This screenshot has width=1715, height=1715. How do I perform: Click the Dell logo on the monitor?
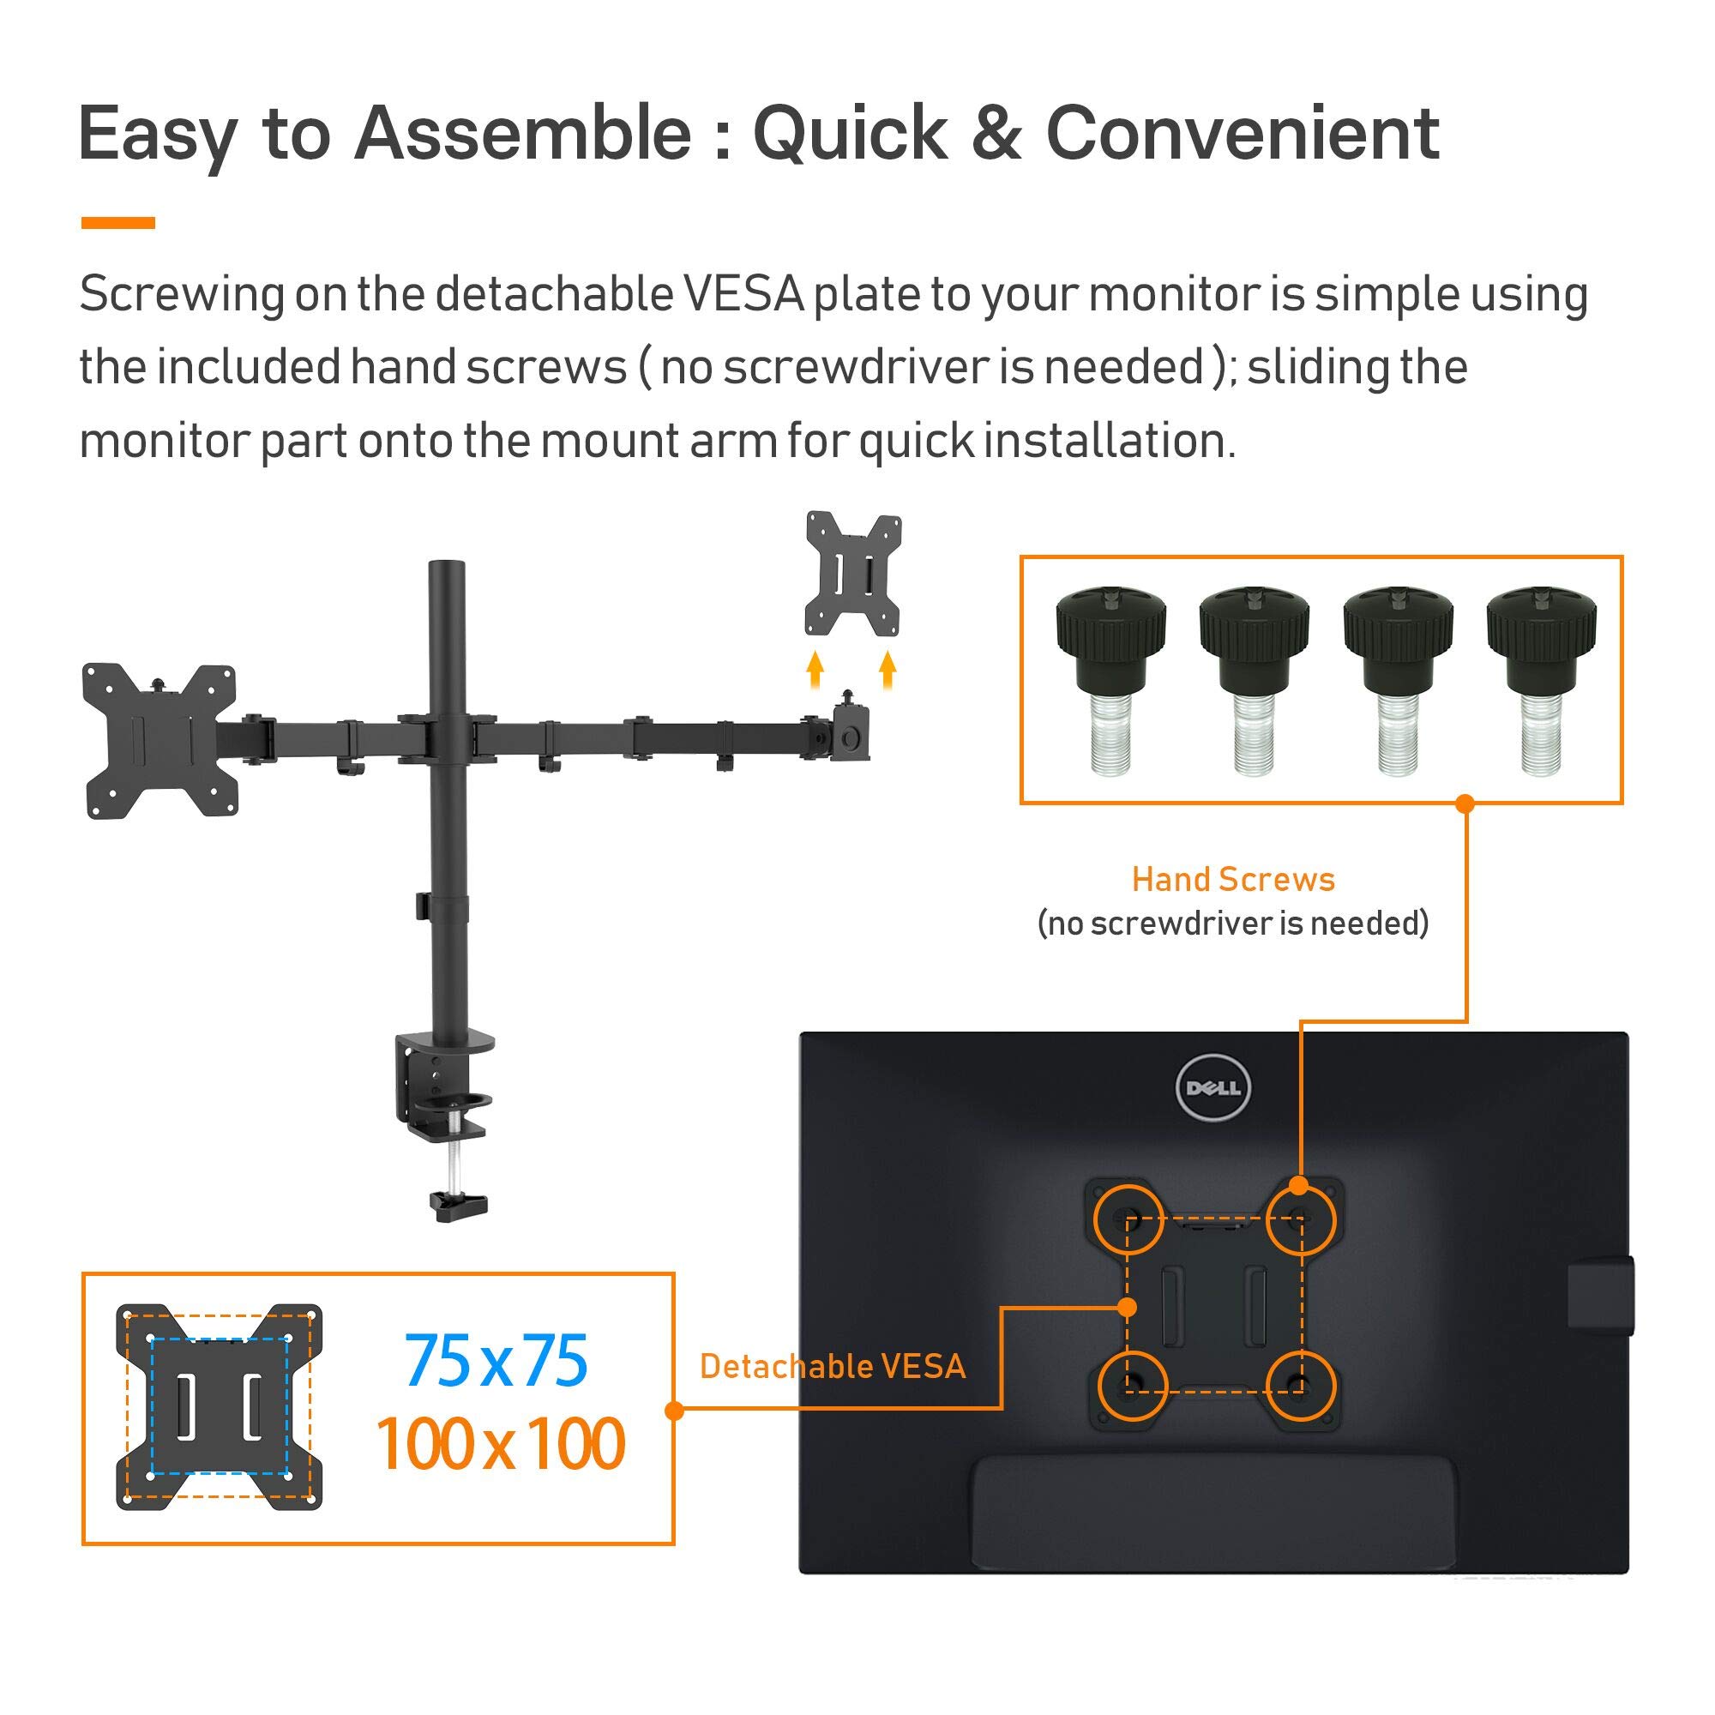1213,1087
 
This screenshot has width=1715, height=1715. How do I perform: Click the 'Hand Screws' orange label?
1233,880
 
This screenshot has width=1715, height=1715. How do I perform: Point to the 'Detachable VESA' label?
832,1366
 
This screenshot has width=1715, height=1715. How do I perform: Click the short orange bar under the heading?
118,223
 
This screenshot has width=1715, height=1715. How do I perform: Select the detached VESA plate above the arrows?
853,574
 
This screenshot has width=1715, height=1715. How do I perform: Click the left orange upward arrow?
815,671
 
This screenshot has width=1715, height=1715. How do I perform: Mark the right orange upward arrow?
888,671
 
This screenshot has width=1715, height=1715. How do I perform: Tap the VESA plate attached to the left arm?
160,740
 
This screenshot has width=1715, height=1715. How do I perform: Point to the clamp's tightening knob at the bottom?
459,1204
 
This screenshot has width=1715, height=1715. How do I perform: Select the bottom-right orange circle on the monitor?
1300,1387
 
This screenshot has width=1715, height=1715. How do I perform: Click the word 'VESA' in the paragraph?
743,294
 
